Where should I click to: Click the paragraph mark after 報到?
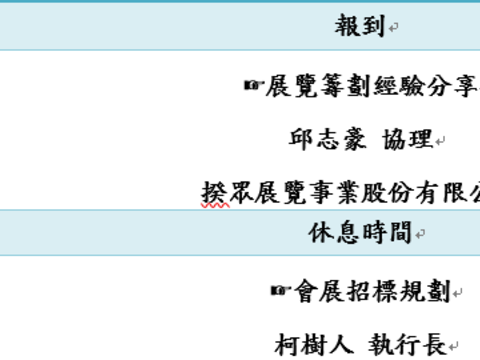[394, 29]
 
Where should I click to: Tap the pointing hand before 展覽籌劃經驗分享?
[253, 86]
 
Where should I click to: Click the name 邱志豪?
[323, 139]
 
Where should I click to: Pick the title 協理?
[409, 139]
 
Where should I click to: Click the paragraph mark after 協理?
[441, 142]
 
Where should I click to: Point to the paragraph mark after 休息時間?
[420, 235]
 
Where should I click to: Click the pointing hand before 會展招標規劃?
[280, 291]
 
